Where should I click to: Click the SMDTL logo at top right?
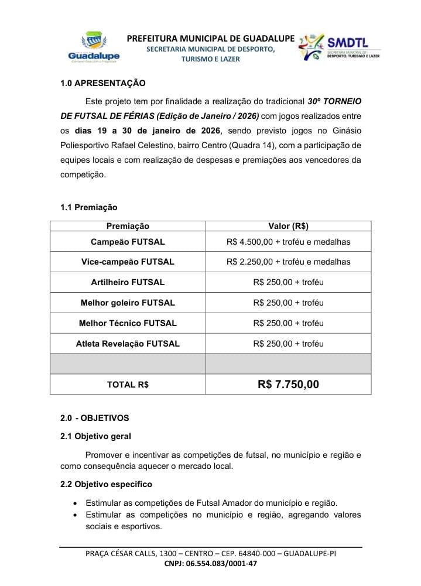[339, 47]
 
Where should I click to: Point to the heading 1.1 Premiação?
[88, 207]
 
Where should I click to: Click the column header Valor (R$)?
[288, 226]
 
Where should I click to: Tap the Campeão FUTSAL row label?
[128, 241]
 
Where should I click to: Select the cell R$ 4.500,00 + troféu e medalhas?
[288, 241]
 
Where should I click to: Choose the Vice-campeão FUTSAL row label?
[128, 262]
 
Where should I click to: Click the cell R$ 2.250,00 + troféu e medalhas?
[288, 262]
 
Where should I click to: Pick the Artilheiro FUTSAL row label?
[128, 282]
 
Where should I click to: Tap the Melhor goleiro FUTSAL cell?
[128, 303]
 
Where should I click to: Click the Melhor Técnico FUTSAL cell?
[128, 323]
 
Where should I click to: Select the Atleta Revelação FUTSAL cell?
[128, 344]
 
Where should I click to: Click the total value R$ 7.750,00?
[288, 385]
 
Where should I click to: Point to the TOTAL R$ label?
[128, 385]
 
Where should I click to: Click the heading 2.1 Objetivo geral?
[95, 436]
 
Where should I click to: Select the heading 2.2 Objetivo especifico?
[106, 484]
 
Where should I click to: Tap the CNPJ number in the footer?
[211, 564]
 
